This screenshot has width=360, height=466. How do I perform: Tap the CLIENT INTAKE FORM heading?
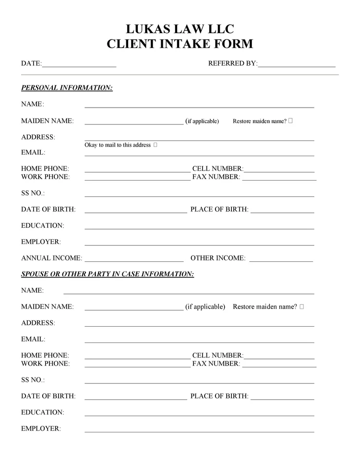(180, 44)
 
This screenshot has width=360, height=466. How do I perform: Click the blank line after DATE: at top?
(79, 65)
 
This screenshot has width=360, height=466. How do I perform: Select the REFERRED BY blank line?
(296, 65)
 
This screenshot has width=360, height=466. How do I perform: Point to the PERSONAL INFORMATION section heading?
(67, 88)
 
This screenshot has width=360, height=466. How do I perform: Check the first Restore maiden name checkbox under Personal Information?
(291, 121)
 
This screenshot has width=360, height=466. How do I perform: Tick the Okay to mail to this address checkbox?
(155, 145)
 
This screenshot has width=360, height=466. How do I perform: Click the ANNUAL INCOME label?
(51, 258)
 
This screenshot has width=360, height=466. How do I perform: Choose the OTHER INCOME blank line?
(281, 259)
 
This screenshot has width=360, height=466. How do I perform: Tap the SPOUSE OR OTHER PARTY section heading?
(108, 274)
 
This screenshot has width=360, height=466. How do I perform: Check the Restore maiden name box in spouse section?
(301, 307)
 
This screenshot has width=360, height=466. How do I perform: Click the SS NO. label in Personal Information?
(33, 193)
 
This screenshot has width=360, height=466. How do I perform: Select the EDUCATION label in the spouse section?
(42, 412)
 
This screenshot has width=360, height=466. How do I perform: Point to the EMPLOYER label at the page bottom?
(41, 429)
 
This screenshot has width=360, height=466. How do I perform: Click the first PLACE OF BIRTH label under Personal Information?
(219, 209)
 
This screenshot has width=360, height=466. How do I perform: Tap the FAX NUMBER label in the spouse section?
(216, 364)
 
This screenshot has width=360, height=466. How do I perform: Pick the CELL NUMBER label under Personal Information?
(218, 169)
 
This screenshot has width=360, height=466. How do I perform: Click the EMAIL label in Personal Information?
(33, 152)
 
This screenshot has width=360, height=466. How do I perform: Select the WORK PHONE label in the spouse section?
(45, 364)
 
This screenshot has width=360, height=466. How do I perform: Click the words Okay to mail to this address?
(118, 145)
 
